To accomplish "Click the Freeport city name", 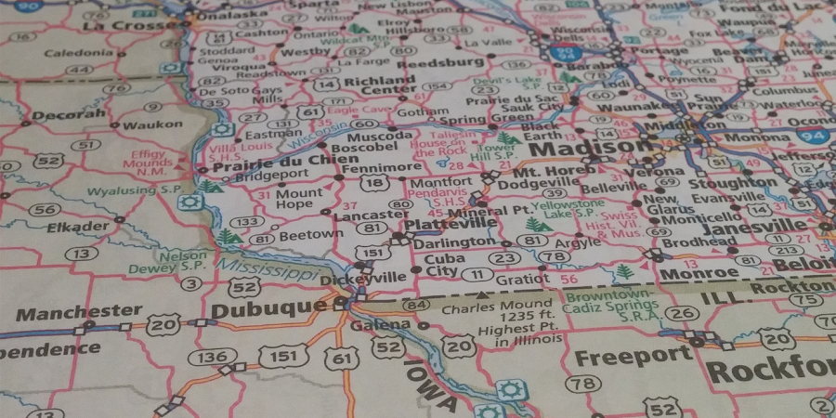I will (633, 357).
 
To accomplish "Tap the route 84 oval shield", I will (416, 305).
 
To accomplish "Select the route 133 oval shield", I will (247, 222).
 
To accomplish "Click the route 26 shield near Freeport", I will (681, 313).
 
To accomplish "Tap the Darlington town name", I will (454, 242).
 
